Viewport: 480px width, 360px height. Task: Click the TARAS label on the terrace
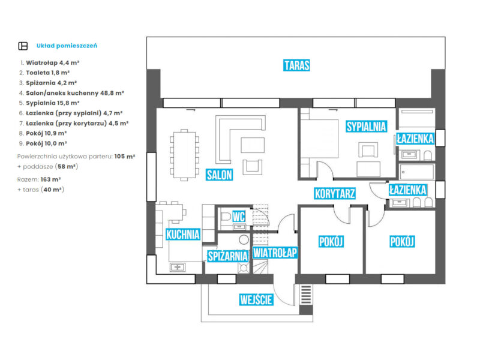(x=297, y=65)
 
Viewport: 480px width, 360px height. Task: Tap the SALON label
(x=219, y=175)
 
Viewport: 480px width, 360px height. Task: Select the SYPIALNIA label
(x=365, y=127)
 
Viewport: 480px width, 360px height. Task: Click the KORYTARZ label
(x=335, y=193)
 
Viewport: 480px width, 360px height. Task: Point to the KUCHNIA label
(x=182, y=235)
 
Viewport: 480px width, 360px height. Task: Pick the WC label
(x=238, y=217)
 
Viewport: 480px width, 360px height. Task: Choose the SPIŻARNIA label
(x=227, y=256)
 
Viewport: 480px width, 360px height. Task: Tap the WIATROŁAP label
(x=275, y=253)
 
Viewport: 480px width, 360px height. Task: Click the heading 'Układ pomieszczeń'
(x=67, y=46)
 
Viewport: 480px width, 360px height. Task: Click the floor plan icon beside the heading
(x=23, y=46)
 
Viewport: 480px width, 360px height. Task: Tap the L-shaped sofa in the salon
(x=240, y=129)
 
